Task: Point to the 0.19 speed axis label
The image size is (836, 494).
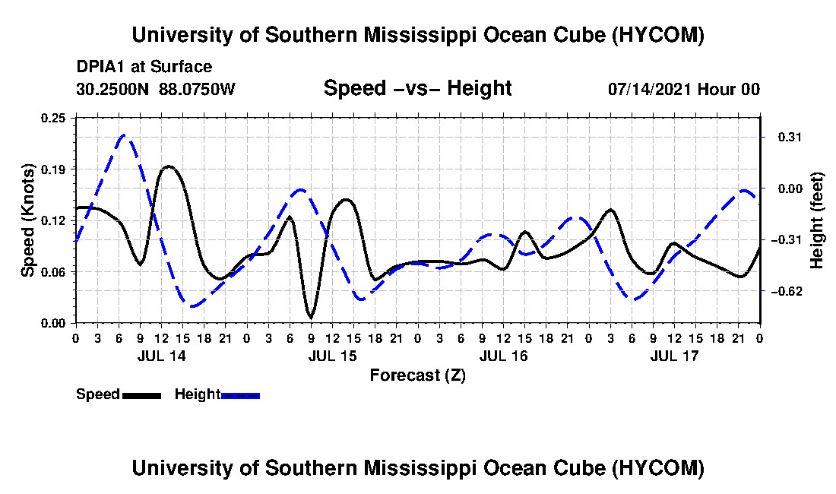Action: click(x=52, y=169)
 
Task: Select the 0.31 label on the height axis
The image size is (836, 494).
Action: click(x=790, y=138)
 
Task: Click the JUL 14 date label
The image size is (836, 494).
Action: click(x=162, y=356)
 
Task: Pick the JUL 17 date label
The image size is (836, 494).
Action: click(x=674, y=356)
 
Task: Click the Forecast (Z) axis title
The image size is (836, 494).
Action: click(x=418, y=375)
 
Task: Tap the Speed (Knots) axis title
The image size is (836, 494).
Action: click(x=28, y=220)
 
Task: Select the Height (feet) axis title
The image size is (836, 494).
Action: click(x=817, y=220)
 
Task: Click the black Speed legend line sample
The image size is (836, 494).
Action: click(x=141, y=396)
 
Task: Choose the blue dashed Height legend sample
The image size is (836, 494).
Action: click(x=240, y=396)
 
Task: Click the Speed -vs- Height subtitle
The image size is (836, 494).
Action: click(x=418, y=88)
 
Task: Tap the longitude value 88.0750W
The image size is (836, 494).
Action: click(x=197, y=89)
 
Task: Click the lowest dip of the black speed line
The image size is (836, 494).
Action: click(x=311, y=318)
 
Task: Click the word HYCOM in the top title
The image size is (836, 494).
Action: click(x=660, y=35)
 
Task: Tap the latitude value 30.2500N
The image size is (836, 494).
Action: click(x=113, y=89)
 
